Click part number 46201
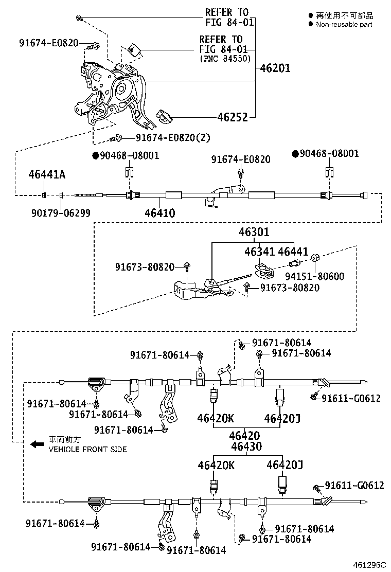[275, 67]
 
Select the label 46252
[268, 117]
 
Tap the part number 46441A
[47, 175]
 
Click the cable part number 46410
[159, 213]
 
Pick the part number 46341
[259, 252]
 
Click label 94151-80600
[323, 276]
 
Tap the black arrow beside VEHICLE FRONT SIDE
[37, 444]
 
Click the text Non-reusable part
[344, 24]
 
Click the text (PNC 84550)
[224, 59]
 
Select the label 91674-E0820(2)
[173, 138]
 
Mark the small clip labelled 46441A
[44, 195]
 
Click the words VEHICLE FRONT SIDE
[87, 449]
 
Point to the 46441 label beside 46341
[293, 252]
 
